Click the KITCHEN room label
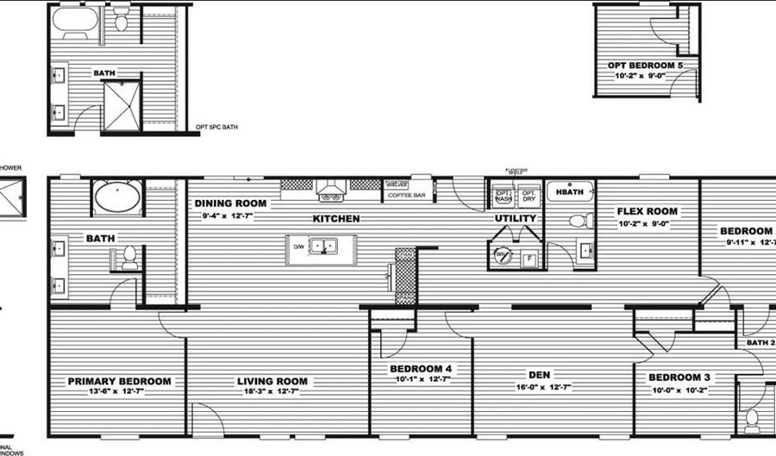(335, 219)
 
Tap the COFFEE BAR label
(406, 196)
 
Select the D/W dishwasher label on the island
(299, 247)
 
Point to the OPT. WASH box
(504, 196)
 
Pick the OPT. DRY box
(529, 196)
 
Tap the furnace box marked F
(529, 257)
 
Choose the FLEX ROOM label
(647, 211)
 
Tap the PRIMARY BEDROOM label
(119, 381)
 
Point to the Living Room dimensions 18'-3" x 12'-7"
(272, 393)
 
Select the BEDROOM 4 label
(421, 370)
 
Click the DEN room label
(540, 375)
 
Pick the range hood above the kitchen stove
(331, 185)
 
